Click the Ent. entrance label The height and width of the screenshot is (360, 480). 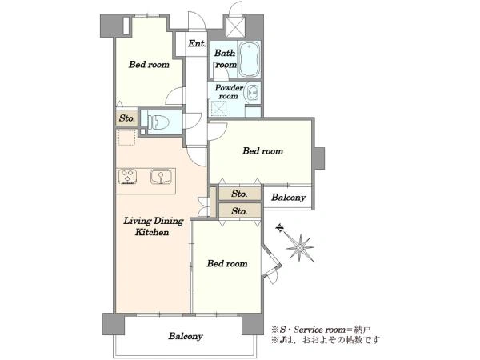[x=197, y=44]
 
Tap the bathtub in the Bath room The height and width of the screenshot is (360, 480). [x=249, y=59]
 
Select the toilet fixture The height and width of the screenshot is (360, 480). [x=158, y=122]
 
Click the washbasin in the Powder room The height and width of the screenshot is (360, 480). [x=253, y=93]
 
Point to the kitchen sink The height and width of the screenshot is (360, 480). [x=161, y=177]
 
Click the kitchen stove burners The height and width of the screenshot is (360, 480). [x=128, y=177]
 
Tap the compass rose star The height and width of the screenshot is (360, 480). [x=301, y=247]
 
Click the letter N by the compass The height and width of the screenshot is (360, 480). [x=279, y=228]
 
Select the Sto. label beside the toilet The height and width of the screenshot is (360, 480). [x=127, y=118]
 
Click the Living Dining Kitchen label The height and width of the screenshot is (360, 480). [x=153, y=226]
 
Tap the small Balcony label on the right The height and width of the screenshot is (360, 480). [x=288, y=198]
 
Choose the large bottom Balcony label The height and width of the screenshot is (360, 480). [x=186, y=336]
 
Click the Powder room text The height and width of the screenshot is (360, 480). [x=229, y=92]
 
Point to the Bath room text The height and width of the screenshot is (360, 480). [x=226, y=58]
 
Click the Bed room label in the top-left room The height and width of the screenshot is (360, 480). [x=149, y=65]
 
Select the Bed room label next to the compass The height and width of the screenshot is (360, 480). [x=227, y=263]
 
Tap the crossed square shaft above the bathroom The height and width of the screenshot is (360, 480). [x=235, y=27]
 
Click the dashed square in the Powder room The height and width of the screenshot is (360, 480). [x=219, y=108]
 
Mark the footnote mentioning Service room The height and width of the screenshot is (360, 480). [x=322, y=330]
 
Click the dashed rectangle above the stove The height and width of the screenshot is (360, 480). [x=126, y=138]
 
